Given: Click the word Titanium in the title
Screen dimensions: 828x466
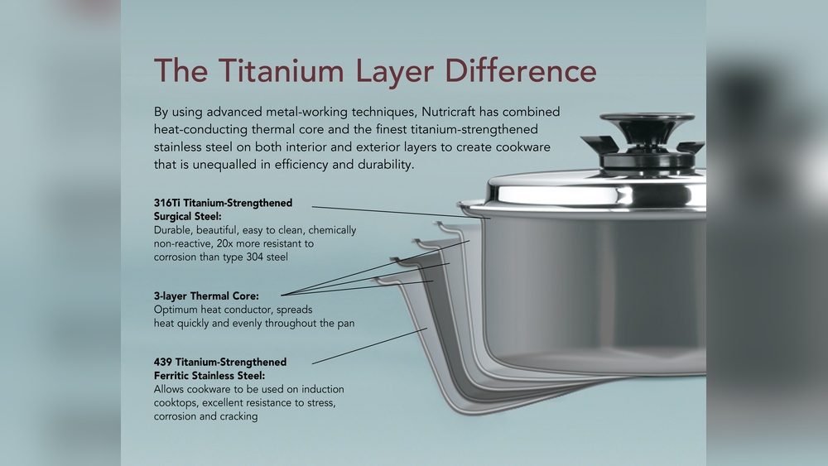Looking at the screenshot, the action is pos(281,70).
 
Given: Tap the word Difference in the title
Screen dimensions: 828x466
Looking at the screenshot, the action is pos(521,70).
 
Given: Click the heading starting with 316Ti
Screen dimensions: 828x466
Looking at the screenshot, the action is pos(223,209).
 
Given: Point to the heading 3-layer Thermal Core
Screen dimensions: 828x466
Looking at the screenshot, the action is pos(206,296).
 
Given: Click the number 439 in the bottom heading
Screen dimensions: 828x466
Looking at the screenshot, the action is pos(162,362).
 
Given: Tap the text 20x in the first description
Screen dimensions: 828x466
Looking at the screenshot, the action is pos(224,244).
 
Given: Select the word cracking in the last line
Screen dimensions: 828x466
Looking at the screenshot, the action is pos(238,417).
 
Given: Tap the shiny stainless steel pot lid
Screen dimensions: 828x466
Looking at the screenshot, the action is pos(597,193).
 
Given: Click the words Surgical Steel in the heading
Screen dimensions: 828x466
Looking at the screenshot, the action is pos(187,216).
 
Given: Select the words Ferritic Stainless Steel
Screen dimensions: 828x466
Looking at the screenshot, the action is pos(209,376).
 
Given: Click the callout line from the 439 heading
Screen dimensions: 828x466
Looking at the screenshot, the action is pos(369,346).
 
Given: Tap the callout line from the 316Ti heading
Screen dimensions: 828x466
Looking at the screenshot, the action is pos(402,212).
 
